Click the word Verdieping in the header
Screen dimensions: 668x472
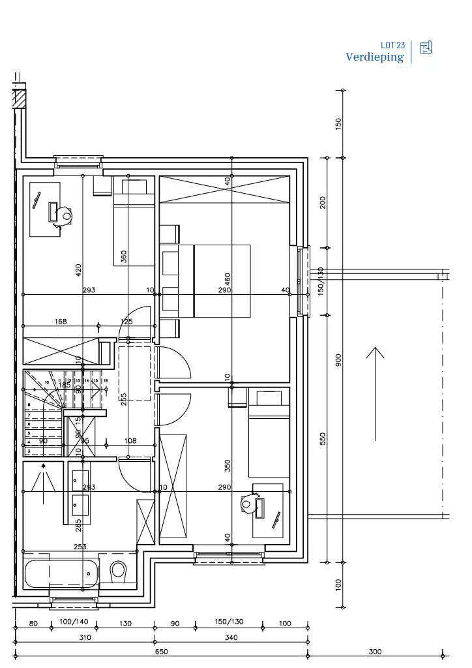coord(374,57)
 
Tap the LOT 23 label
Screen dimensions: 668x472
coord(392,45)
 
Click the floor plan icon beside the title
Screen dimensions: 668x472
coord(426,48)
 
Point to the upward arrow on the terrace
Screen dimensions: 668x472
coord(375,391)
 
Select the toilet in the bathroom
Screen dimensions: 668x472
coord(119,571)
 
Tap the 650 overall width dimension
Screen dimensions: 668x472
coord(161,651)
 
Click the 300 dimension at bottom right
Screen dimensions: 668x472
coord(375,651)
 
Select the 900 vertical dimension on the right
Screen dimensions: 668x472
coord(338,360)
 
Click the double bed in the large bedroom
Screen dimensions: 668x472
coord(215,281)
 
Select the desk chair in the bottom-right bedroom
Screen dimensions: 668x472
coord(248,504)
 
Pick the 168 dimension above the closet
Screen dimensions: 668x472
coord(60,322)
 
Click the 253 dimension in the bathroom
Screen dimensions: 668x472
coord(80,547)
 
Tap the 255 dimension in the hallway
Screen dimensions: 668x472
coord(124,399)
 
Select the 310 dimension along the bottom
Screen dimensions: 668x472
coord(85,637)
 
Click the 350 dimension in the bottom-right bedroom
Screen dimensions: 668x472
coord(228,466)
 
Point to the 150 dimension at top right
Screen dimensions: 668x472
coord(338,124)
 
